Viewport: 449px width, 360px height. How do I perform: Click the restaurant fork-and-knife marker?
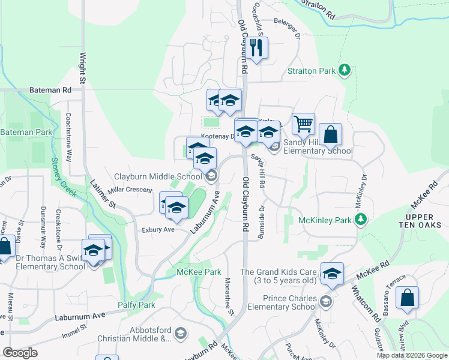258,49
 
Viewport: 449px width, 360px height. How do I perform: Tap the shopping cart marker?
304,124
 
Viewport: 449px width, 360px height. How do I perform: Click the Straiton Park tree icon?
345,71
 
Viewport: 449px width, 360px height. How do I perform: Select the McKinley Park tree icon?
360,220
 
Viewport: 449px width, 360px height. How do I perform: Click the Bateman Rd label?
50,90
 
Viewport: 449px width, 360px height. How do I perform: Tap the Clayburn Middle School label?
158,176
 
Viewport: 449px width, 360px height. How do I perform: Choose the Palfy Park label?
138,305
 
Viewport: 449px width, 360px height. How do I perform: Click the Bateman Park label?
26,131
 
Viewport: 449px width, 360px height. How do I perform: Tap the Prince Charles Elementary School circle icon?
325,301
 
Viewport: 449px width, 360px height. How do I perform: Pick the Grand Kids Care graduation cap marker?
332,273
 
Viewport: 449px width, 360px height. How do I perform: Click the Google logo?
20,352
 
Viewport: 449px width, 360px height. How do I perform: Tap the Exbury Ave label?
158,229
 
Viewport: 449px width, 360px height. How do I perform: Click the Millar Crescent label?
130,190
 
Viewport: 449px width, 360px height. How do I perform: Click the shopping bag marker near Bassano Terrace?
407,298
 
